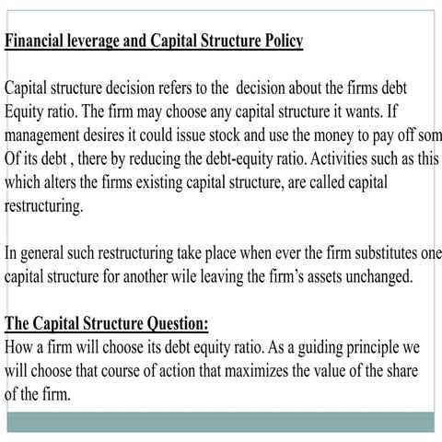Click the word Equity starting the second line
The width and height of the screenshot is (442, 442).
(28, 112)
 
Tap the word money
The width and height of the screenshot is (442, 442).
(352, 135)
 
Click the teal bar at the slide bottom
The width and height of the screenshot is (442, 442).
(221, 422)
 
